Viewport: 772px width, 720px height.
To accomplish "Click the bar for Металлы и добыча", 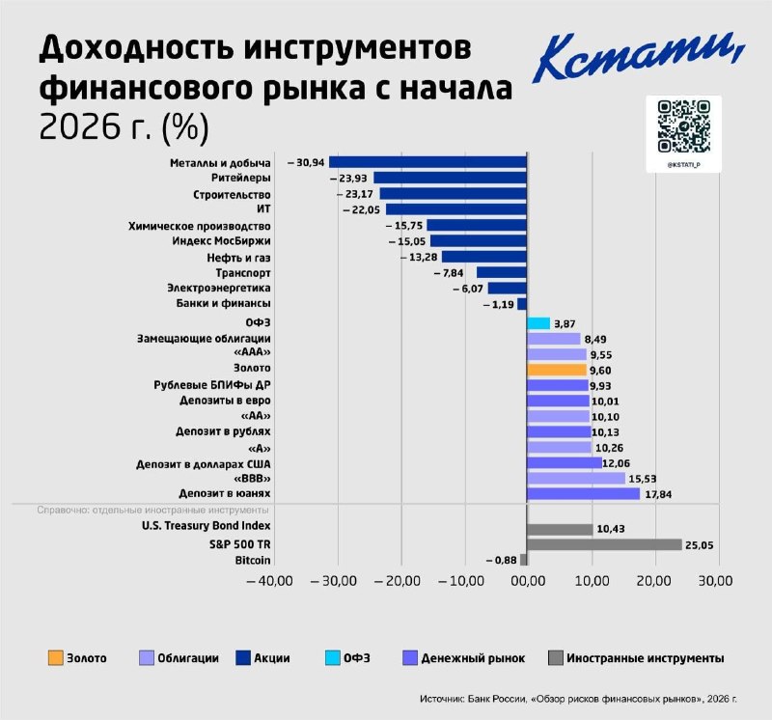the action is (427, 162).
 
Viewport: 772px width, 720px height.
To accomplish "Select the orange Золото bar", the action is (557, 370).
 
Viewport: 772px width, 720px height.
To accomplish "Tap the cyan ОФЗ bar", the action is (538, 323).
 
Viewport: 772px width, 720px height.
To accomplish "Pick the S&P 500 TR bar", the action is (604, 544).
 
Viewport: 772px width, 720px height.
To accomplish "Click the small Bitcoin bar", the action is (523, 560).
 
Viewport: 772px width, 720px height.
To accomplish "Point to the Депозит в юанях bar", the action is (584, 493).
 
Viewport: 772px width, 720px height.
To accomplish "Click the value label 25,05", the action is (699, 545).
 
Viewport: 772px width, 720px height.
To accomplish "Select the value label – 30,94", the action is (306, 162).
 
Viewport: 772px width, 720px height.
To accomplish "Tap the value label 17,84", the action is (658, 494).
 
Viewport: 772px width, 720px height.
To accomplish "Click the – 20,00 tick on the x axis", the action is (398, 581).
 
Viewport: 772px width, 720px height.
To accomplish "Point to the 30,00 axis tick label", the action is (715, 581).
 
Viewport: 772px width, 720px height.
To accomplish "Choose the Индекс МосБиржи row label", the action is (221, 241).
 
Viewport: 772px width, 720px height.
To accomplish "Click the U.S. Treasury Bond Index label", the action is (207, 526).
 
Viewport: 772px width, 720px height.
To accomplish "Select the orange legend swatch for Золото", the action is (56, 658).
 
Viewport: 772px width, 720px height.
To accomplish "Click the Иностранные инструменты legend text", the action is (645, 658).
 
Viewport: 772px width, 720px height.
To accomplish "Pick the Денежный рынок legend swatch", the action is (410, 658).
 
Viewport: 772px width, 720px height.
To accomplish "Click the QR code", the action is (684, 126).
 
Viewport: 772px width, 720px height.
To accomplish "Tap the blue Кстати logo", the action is (639, 58).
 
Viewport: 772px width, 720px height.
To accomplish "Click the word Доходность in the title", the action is (136, 49).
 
